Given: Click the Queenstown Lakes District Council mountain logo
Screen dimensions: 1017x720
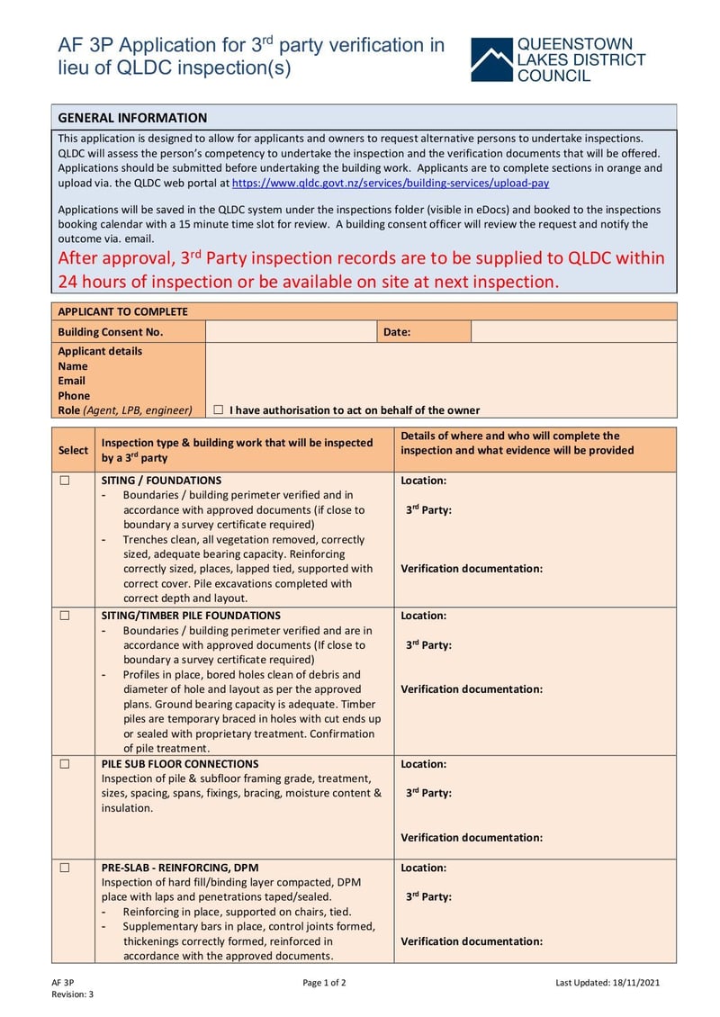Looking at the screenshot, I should [490, 60].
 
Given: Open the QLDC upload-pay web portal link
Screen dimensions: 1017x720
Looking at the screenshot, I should [390, 183].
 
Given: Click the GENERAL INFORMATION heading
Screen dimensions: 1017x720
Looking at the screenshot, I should [132, 118].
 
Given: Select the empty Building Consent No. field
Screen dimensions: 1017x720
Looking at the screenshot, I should [291, 332].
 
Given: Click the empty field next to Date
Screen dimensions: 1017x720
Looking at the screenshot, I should [573, 332].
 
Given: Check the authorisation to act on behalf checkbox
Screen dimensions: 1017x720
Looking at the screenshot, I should [219, 409].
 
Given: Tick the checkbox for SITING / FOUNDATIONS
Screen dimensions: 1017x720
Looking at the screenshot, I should [65, 481].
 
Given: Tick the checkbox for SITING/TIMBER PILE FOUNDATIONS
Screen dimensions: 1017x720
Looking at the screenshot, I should [65, 616].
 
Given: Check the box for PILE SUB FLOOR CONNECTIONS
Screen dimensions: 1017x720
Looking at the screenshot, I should [65, 764].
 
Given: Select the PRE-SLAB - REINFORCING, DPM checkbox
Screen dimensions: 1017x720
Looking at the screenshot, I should [65, 868].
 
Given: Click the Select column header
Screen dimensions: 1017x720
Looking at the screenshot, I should [73, 450].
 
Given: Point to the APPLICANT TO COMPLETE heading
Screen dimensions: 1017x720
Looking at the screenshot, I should [122, 311].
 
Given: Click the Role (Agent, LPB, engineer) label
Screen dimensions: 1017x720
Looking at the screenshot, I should [125, 409].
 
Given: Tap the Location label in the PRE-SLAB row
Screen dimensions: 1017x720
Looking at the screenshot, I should [423, 868].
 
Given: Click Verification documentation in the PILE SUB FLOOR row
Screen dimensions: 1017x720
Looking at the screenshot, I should [472, 837].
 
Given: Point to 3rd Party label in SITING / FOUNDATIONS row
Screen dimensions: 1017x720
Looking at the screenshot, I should [428, 510].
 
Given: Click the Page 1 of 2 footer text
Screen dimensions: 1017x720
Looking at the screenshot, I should [324, 982].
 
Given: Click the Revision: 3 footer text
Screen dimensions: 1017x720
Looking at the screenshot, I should [72, 994].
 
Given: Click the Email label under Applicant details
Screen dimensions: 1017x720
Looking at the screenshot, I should [72, 381].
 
